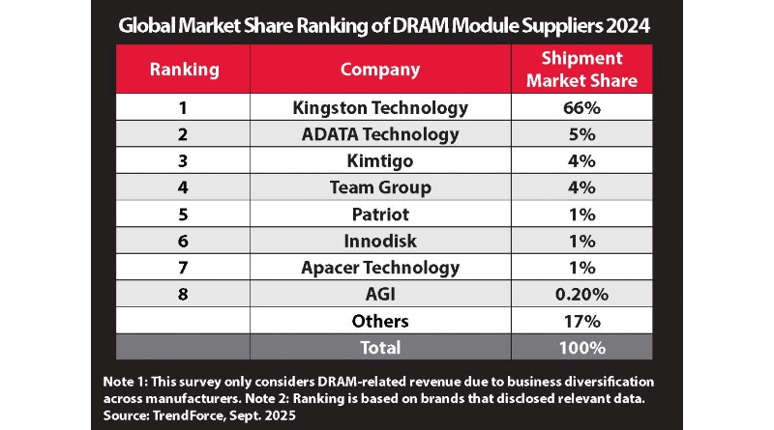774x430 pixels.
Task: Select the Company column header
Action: point(380,70)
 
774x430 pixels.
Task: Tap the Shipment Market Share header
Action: point(580,70)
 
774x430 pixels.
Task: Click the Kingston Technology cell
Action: point(380,107)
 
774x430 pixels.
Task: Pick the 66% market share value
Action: point(580,107)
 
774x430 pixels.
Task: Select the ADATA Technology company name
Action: point(380,134)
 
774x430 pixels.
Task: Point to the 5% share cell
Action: point(580,134)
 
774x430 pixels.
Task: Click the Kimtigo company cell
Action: point(380,160)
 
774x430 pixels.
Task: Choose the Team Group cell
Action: point(380,187)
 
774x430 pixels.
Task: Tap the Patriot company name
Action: point(380,214)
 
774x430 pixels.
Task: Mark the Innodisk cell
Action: point(380,241)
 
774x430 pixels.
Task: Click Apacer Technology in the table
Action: point(380,267)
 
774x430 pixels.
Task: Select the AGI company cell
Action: point(380,294)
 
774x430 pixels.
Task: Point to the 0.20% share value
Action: point(580,294)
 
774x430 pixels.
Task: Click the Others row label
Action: point(380,320)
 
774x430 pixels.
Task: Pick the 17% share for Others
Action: point(580,320)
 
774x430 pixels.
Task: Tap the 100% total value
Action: point(580,347)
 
